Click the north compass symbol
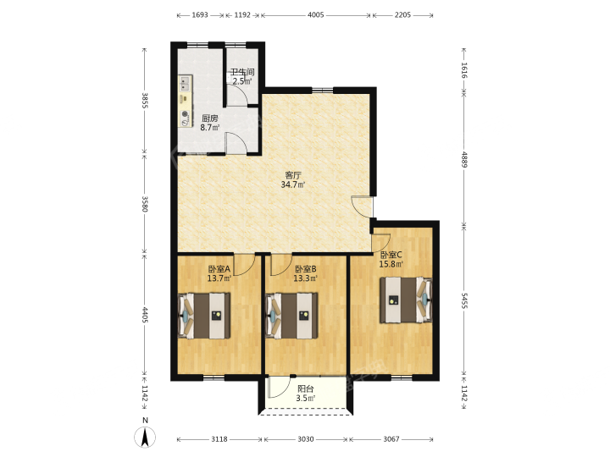tap(145, 433)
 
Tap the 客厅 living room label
tap(293, 175)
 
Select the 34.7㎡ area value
tap(293, 185)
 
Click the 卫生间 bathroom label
tap(242, 72)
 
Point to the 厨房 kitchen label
tap(210, 118)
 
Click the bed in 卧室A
tap(204, 316)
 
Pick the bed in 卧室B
tap(291, 316)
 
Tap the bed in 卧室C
tap(406, 300)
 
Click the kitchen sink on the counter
tap(185, 84)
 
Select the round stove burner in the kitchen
tap(186, 114)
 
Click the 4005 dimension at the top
tap(315, 15)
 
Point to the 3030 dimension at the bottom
tap(306, 439)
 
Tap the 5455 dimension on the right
tap(463, 300)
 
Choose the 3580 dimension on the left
tap(145, 204)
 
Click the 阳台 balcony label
tap(305, 388)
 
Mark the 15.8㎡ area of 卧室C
tap(391, 264)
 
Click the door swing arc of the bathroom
tap(242, 93)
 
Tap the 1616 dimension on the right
tap(463, 70)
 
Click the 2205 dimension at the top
tap(402, 15)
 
